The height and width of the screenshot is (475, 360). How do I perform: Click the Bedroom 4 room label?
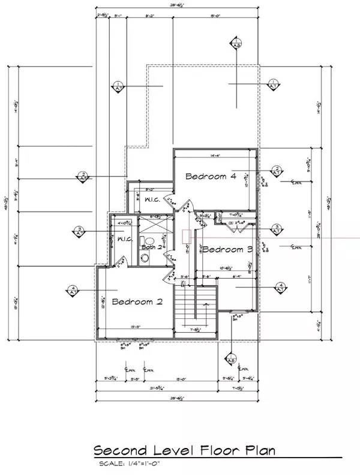(x=210, y=177)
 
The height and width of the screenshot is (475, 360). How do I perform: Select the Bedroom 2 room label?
(x=137, y=302)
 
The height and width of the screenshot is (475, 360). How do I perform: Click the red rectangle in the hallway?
(x=187, y=237)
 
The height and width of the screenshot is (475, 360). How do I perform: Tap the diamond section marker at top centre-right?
(x=236, y=43)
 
